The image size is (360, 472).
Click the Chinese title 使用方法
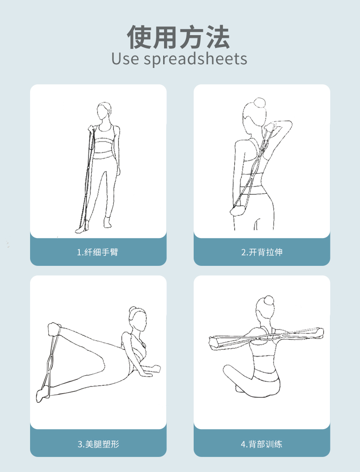tap(179, 37)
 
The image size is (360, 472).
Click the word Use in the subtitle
tap(125, 58)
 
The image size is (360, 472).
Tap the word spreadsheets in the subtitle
tap(195, 59)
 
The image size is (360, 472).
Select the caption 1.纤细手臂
tap(98, 252)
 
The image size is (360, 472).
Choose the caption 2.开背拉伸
tap(262, 252)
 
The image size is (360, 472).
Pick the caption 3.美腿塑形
tap(98, 444)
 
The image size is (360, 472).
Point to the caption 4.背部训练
tap(262, 444)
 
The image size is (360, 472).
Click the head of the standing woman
tap(104, 111)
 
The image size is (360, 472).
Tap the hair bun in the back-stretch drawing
tap(260, 102)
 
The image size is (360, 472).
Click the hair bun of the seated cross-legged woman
tap(268, 300)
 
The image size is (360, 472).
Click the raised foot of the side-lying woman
tap(54, 329)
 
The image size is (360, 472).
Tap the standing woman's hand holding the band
tap(91, 130)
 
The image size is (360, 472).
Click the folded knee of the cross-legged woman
tap(229, 370)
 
